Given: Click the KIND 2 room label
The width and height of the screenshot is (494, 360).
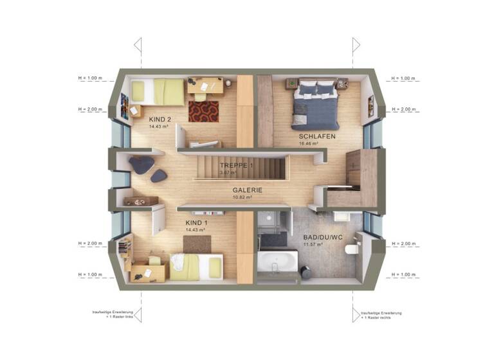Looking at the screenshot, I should pyautogui.click(x=160, y=120).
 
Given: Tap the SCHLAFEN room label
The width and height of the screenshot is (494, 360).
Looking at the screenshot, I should pyautogui.click(x=312, y=137).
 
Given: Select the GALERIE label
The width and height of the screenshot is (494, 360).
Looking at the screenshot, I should pyautogui.click(x=248, y=190).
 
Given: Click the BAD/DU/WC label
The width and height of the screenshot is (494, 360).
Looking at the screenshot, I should pyautogui.click(x=322, y=237).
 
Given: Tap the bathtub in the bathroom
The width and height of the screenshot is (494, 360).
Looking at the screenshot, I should pyautogui.click(x=278, y=263).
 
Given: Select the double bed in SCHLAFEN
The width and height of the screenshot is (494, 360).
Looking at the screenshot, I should pyautogui.click(x=315, y=102).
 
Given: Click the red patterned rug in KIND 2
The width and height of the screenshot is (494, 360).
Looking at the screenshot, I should pyautogui.click(x=203, y=111).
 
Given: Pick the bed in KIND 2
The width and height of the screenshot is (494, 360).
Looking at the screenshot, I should pyautogui.click(x=158, y=91).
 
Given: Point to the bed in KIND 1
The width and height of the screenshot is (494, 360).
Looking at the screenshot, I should pyautogui.click(x=196, y=266).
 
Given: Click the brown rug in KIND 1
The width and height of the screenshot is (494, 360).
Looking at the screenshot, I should pyautogui.click(x=197, y=245).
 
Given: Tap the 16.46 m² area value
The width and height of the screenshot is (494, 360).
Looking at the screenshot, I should pyautogui.click(x=309, y=144).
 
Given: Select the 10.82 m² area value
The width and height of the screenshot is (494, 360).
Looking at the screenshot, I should pyautogui.click(x=247, y=198).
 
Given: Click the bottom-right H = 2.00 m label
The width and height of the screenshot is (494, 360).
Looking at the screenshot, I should pyautogui.click(x=401, y=244).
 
